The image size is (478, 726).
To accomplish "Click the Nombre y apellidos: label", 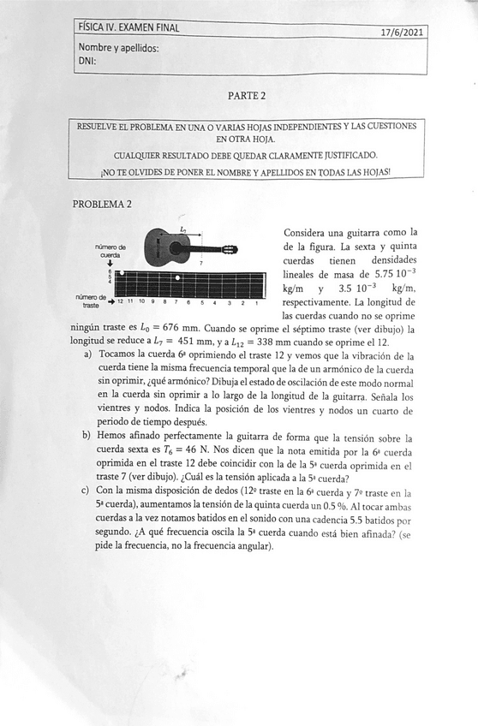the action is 118,48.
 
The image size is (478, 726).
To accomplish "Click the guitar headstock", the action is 229,250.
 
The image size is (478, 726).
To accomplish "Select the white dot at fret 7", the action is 177,278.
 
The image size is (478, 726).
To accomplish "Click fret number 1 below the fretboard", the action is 257,302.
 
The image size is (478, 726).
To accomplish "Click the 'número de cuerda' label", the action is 111,251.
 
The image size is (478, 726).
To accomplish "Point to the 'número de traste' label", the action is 91,301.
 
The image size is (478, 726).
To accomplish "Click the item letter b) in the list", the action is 87,437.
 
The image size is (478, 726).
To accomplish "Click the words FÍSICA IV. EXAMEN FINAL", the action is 128,27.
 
